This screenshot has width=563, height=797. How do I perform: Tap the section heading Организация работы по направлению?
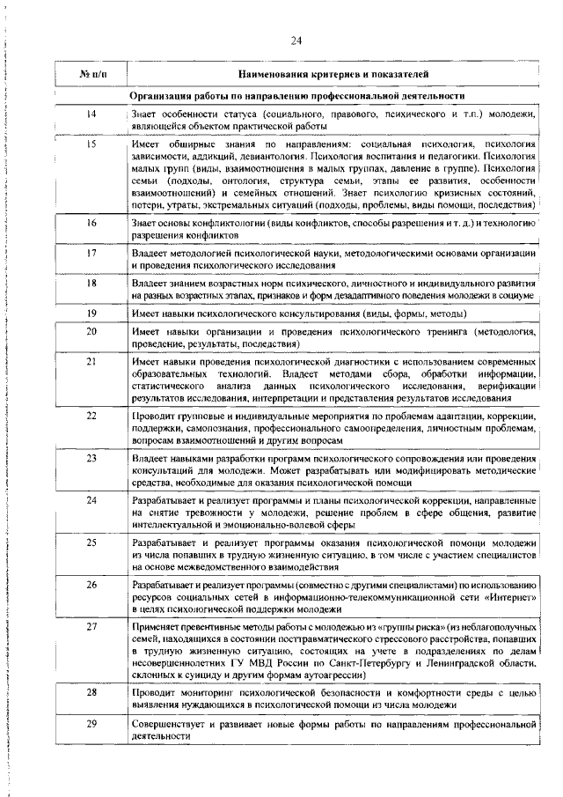coord(297,95)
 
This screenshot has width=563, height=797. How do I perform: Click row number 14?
coord(91,114)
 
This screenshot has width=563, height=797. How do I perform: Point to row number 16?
coord(91,224)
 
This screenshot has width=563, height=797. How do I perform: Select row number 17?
coord(91,253)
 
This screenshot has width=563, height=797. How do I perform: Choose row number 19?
coord(91,313)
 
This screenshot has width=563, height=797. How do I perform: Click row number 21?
coord(91,361)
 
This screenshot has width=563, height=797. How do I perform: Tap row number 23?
coord(91,458)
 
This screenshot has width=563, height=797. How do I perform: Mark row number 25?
coord(91,542)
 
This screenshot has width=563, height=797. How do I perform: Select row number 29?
coord(91,723)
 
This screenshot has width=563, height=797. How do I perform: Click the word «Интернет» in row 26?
coord(509,597)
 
